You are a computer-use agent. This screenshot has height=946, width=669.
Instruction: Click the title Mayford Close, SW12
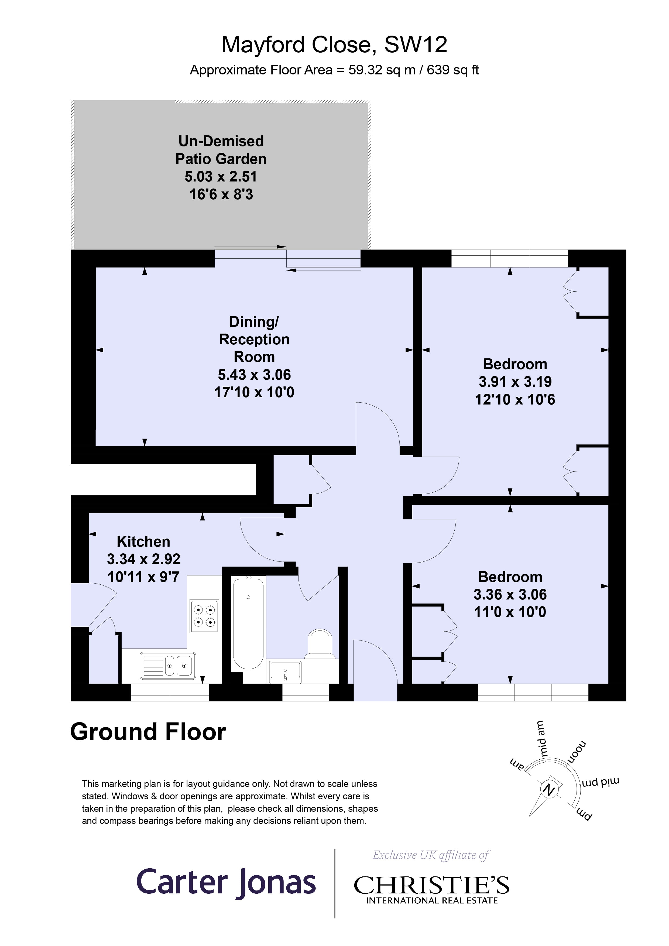[334, 45]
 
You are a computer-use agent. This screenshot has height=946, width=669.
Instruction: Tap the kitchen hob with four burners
[204, 616]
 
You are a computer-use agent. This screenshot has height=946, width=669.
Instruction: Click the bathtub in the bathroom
[248, 623]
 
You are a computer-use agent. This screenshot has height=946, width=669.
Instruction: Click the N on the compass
[548, 789]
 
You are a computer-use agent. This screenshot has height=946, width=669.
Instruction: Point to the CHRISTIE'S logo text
[431, 885]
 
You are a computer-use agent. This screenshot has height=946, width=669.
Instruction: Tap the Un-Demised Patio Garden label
[221, 150]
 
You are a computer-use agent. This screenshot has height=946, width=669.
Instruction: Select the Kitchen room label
[143, 541]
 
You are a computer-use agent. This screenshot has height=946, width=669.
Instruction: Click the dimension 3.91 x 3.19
[515, 382]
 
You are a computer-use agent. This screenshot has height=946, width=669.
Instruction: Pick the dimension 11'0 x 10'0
[510, 612]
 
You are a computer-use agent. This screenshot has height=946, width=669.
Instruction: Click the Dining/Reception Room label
[254, 339]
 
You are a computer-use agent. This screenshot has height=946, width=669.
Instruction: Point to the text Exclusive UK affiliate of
[430, 855]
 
